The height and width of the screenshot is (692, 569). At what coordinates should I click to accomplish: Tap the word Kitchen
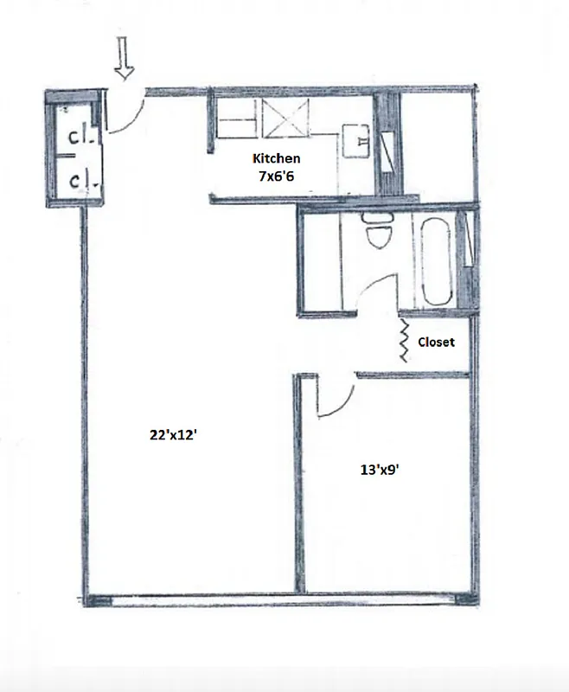tap(276, 158)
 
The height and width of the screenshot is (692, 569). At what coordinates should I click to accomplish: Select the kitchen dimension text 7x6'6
tap(276, 176)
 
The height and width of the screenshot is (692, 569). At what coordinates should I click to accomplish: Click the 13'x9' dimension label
tap(379, 471)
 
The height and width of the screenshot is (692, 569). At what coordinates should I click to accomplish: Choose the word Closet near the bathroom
tap(436, 342)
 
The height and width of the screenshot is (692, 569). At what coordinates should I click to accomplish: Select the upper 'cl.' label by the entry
tap(80, 136)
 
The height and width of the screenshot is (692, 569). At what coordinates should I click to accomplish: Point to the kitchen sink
tap(355, 138)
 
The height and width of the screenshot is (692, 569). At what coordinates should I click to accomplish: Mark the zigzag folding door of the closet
tap(404, 340)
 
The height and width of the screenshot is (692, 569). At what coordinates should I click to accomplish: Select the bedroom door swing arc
tap(337, 398)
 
